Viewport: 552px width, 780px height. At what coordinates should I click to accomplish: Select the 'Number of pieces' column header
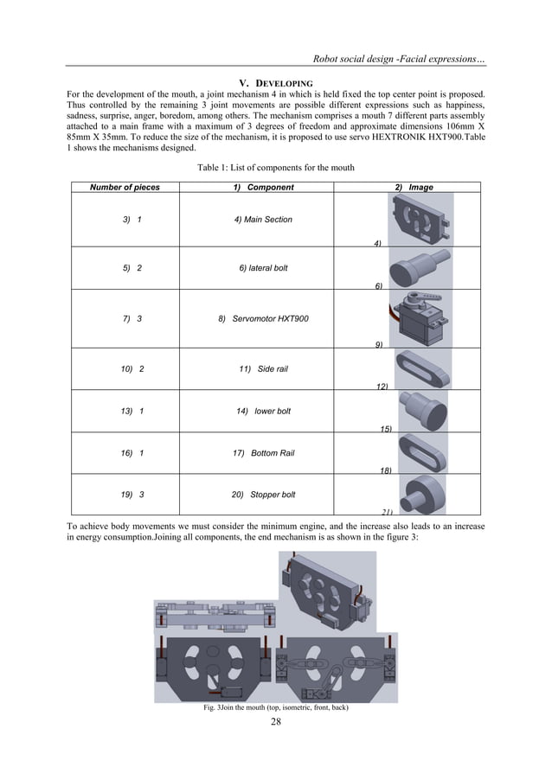[x=125, y=187]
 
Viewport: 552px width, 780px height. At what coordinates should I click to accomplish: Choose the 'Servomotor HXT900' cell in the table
[x=263, y=319]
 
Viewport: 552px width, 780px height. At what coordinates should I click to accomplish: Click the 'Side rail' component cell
[x=263, y=368]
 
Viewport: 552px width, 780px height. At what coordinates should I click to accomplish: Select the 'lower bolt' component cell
[x=263, y=411]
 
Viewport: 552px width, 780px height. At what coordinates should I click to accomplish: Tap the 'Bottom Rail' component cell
[x=263, y=453]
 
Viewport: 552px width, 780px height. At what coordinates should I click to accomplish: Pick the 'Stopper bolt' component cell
[x=263, y=495]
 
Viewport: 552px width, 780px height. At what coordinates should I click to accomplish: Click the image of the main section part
[x=421, y=219]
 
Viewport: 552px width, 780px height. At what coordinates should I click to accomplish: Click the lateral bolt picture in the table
[x=419, y=265]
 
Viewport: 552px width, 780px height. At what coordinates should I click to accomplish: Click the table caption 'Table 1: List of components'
[x=275, y=167]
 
